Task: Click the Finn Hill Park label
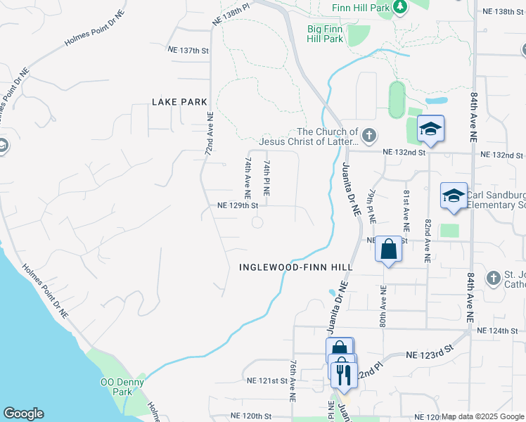[361, 7]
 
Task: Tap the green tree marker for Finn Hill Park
[400, 7]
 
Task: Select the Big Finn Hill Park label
[325, 34]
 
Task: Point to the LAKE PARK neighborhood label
[179, 102]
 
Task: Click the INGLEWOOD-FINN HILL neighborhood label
[295, 267]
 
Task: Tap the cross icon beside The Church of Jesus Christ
[368, 134]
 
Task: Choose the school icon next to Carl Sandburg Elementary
[454, 196]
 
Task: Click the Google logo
[23, 414]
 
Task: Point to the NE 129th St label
[238, 206]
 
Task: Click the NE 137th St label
[189, 51]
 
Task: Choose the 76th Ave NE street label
[293, 381]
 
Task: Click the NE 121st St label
[268, 381]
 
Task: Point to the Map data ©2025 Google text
[482, 416]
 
